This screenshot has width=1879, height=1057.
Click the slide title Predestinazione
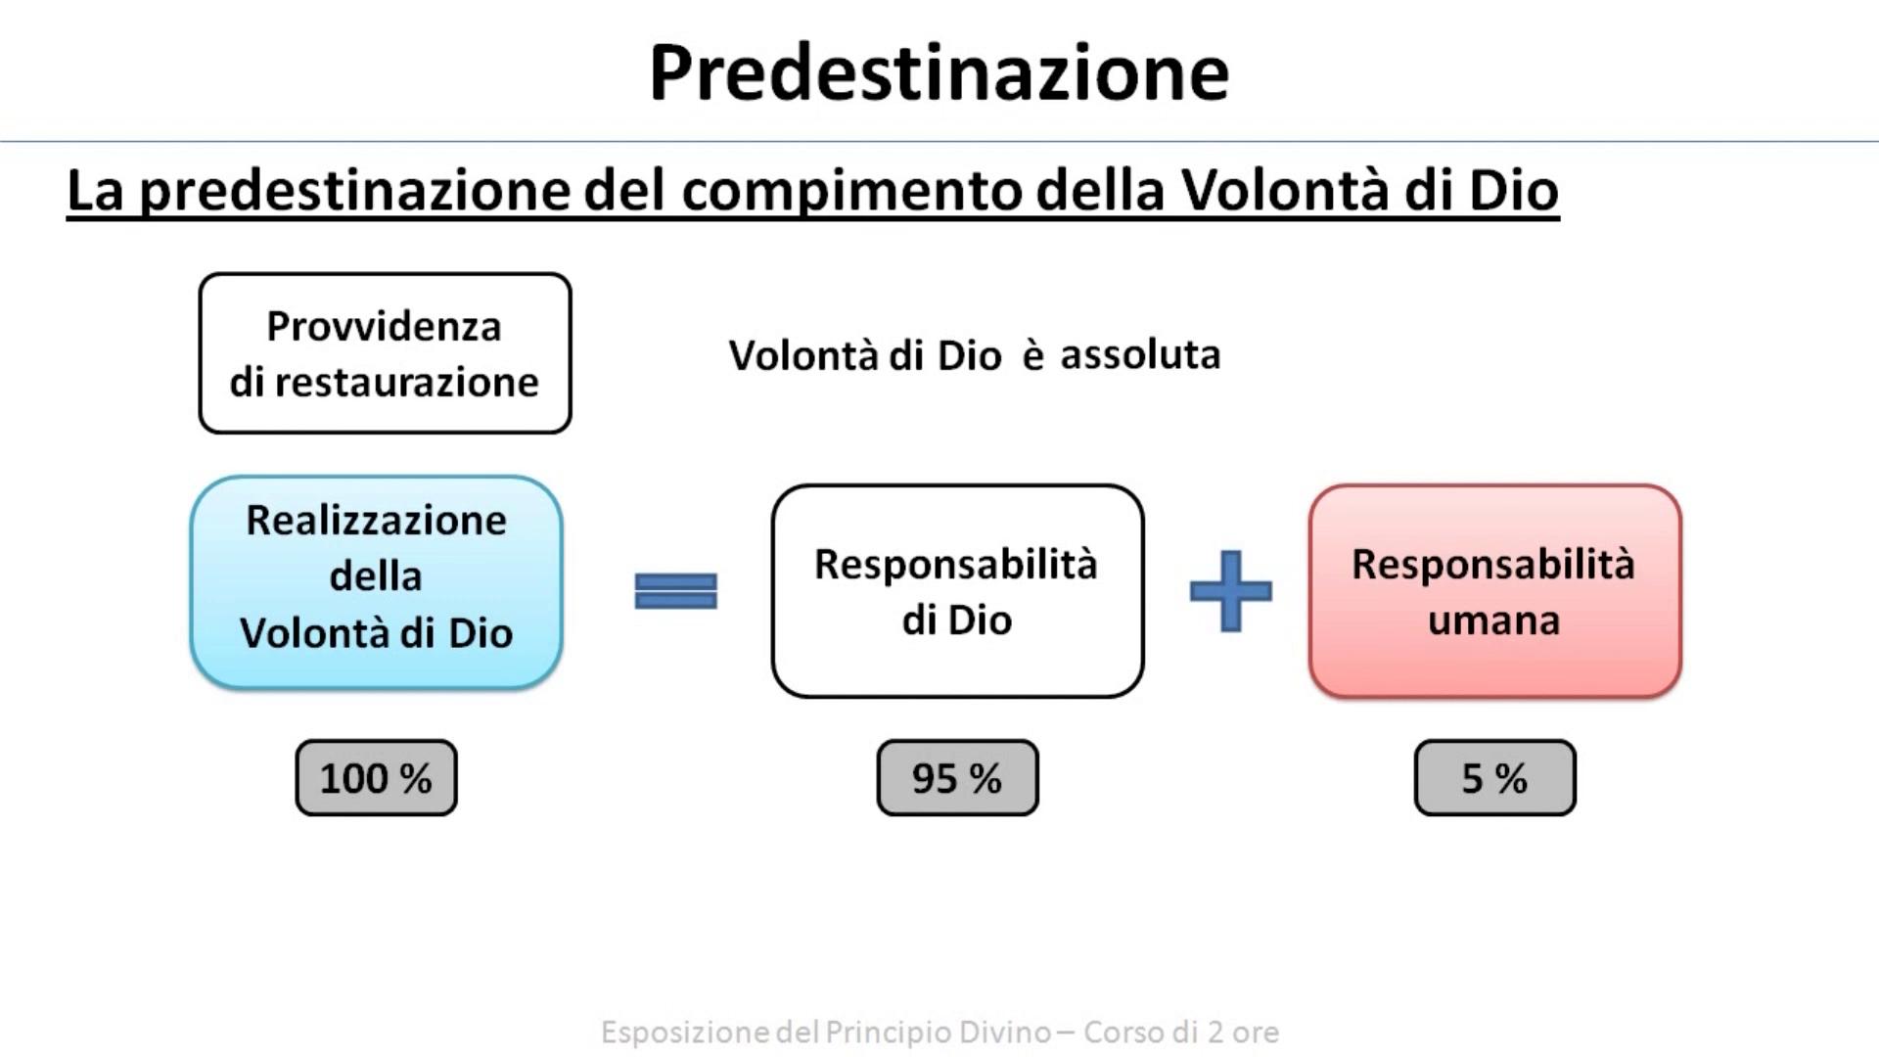939,73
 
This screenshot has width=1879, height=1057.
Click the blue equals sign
675,591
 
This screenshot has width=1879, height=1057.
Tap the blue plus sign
1230,590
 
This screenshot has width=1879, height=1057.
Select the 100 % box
376,778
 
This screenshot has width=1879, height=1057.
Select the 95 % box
957,778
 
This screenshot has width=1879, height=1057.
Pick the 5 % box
1494,778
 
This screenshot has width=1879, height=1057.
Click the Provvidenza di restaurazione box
385,353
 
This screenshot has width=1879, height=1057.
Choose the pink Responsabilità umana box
1494,591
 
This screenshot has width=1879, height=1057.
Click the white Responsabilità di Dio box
957,591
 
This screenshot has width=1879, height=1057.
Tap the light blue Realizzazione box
376,583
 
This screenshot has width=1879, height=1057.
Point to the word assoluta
1140,354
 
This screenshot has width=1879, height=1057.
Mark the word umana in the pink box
1493,620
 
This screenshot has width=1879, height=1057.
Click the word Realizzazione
376,520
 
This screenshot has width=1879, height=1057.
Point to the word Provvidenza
384,326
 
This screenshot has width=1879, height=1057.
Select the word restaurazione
406,382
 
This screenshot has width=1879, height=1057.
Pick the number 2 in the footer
1214,1032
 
